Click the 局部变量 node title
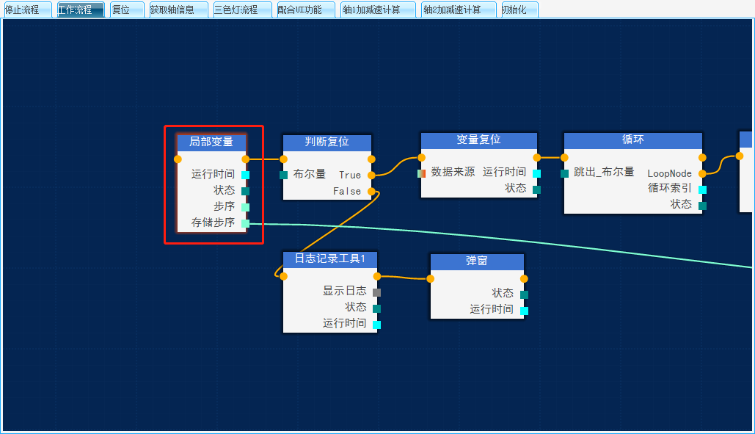[x=211, y=142]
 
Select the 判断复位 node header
[x=327, y=142]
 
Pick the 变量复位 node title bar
[x=478, y=140]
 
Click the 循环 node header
[x=632, y=140]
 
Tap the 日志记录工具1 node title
[x=330, y=258]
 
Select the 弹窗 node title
[x=477, y=261]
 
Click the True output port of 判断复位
[x=371, y=175]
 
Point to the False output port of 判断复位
[x=371, y=191]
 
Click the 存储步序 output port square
[x=245, y=223]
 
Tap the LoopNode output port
[x=702, y=173]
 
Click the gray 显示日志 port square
[x=376, y=292]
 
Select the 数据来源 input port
[x=421, y=173]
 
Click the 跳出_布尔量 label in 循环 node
[x=603, y=172]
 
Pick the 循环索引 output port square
[x=702, y=189]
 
